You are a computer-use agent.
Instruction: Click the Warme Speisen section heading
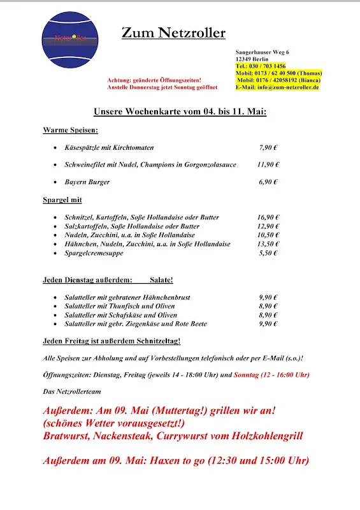70,130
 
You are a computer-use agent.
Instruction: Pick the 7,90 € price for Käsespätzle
268,147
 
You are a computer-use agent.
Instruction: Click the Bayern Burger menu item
87,182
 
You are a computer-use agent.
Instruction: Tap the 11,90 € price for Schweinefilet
268,164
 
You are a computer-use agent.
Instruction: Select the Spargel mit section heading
62,200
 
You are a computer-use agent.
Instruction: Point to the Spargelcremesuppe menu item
94,253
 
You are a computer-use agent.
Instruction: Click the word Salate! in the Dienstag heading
161,280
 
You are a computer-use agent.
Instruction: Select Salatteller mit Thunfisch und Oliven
119,306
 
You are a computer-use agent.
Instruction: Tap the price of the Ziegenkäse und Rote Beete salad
268,324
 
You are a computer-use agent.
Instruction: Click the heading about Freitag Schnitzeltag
112,341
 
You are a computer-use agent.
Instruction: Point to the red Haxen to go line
176,460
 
